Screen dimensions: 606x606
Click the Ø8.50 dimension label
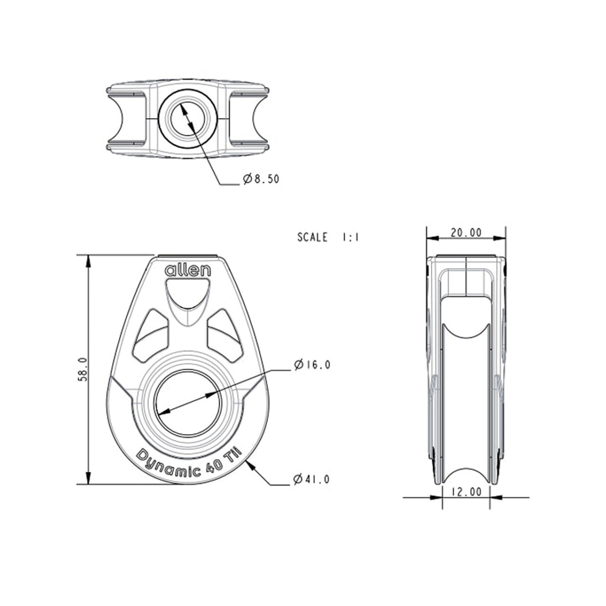[x=260, y=179]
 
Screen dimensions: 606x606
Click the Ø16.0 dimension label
[x=312, y=365]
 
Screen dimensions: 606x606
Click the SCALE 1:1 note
[x=328, y=238]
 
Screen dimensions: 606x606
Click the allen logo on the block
[x=188, y=271]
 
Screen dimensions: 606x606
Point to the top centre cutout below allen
[x=188, y=297]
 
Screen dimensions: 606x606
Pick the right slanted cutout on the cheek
[x=225, y=333]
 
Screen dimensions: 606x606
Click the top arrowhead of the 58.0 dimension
[x=88, y=260]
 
